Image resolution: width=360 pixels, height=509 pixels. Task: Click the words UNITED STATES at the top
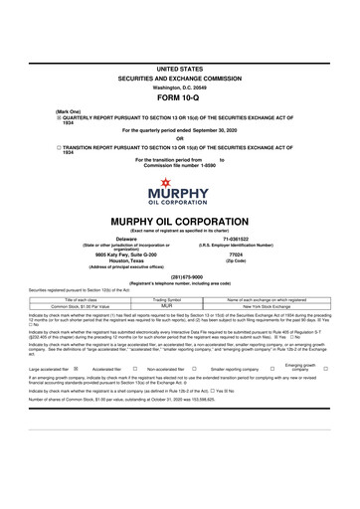coord(179,66)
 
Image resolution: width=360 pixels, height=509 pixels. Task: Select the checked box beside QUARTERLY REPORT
coord(59,115)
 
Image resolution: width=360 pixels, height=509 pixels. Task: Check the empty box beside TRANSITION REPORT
coord(59,145)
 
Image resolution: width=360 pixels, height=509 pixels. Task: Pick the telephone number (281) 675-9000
coord(179,276)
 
